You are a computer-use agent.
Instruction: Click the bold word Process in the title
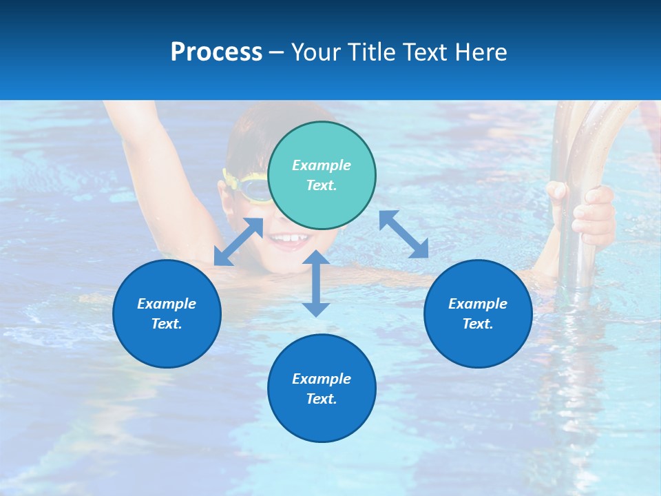pos(216,52)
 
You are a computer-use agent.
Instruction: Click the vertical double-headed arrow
pos(316,283)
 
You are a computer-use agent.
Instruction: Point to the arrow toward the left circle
pos(238,242)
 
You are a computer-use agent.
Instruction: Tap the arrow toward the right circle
pos(403,234)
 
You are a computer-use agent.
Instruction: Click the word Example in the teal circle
pos(322,165)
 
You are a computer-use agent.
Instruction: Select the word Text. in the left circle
pos(167,324)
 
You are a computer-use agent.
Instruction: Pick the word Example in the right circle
pos(478,304)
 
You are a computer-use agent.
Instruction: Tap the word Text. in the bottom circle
pos(322,399)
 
